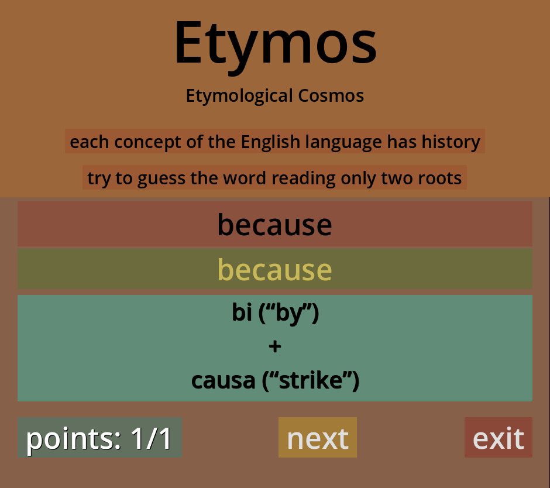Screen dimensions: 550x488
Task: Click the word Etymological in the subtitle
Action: point(239,96)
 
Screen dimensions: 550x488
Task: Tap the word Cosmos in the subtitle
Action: point(331,95)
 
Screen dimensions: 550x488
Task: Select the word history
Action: point(451,142)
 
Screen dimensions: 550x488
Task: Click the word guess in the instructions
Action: point(161,178)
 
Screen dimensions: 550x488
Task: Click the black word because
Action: point(274,225)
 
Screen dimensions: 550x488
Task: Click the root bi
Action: point(242,312)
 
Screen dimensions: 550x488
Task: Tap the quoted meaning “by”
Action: point(288,313)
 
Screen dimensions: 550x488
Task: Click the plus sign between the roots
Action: point(275,346)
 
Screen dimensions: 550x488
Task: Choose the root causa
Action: point(223,381)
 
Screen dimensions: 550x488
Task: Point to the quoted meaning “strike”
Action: point(311,381)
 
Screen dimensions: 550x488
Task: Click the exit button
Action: point(499,438)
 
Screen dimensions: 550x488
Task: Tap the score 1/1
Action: point(151,438)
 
